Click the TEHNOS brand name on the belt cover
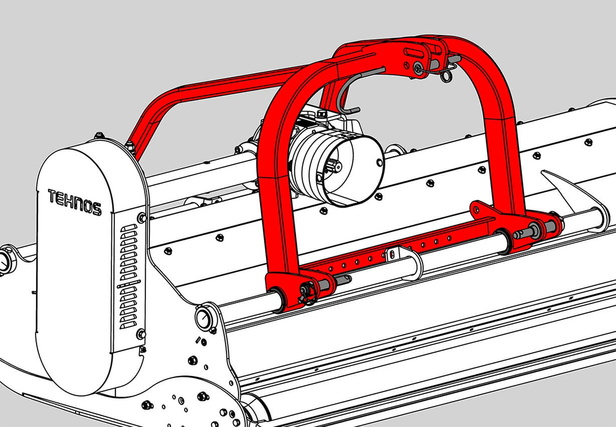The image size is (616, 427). [75, 202]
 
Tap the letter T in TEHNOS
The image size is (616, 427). [52, 195]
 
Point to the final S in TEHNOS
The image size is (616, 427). [98, 209]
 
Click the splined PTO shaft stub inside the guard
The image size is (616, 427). [334, 166]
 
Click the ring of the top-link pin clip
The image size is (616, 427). [446, 76]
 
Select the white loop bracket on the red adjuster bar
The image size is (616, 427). [405, 261]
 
